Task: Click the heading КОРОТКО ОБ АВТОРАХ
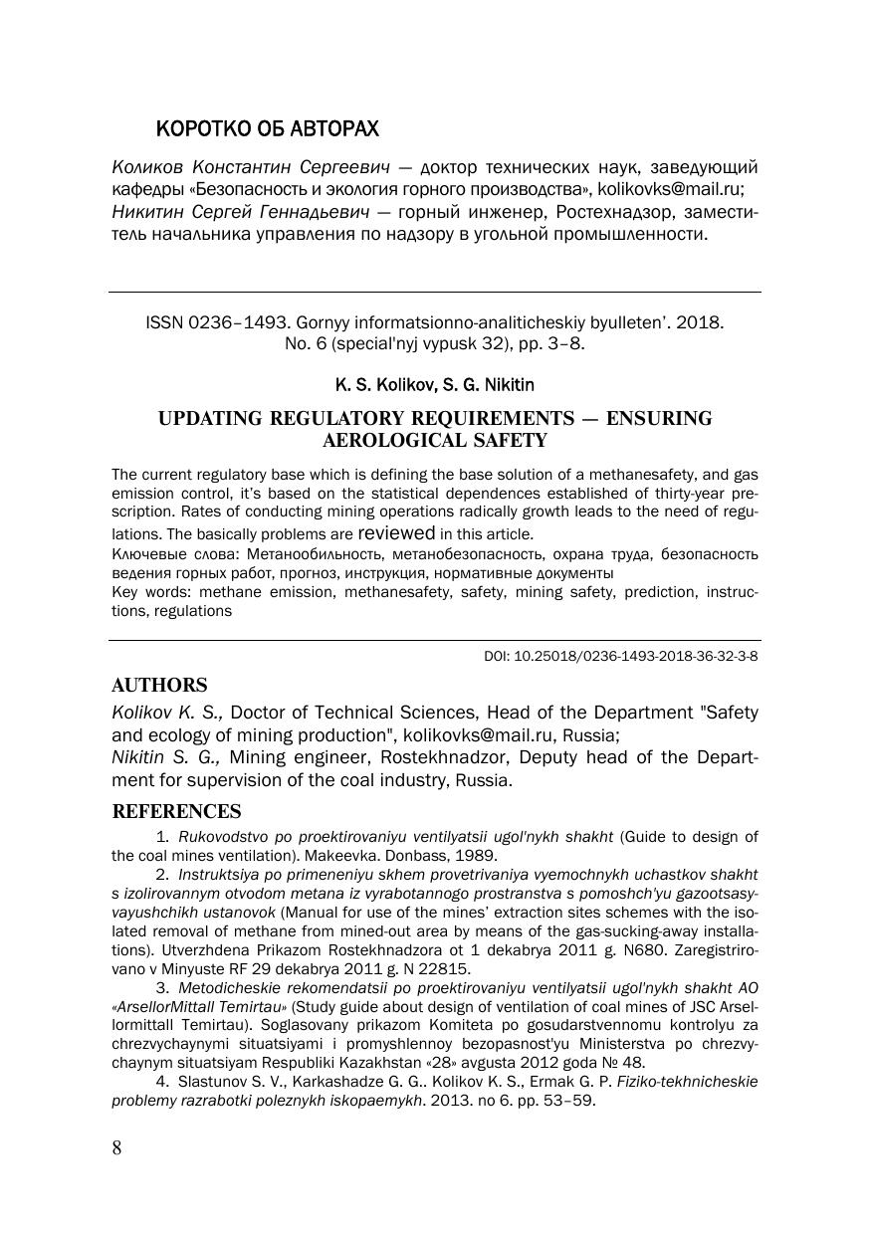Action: [268, 129]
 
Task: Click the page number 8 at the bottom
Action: [116, 1148]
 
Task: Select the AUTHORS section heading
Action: [159, 685]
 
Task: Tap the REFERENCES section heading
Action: [176, 811]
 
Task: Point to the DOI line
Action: [620, 657]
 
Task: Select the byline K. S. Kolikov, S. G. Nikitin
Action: [435, 384]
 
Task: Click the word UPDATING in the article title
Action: [217, 418]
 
